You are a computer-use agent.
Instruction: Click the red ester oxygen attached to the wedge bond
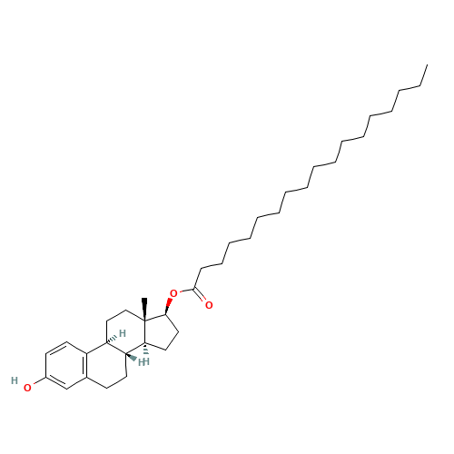pos(173,293)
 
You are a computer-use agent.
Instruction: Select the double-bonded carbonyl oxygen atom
pos(209,305)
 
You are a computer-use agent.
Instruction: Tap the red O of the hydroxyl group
pos(27,388)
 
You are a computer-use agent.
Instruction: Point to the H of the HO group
pos(15,380)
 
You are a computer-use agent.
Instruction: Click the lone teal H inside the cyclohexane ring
pos(123,333)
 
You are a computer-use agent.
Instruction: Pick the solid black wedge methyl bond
pos(145,309)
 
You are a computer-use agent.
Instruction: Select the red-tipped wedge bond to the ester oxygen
pos(168,307)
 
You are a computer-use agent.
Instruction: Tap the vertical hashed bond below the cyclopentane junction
pos(146,349)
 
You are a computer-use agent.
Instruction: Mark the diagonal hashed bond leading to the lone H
pos(112,340)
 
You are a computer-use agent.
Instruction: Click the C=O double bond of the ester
pos(200,294)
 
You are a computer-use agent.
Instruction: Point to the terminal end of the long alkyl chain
pos(427,64)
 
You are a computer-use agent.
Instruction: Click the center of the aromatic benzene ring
pos(66,365)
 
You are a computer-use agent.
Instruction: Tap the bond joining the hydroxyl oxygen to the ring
pos(40,380)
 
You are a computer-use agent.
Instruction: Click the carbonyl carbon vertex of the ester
pos(194,289)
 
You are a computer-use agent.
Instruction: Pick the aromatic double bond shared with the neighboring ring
pos(84,365)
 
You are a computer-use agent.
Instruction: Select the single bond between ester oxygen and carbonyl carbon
pos(187,291)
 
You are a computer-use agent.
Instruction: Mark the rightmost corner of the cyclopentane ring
pos(179,332)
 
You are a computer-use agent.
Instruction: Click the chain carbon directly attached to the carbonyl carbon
pos(201,268)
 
